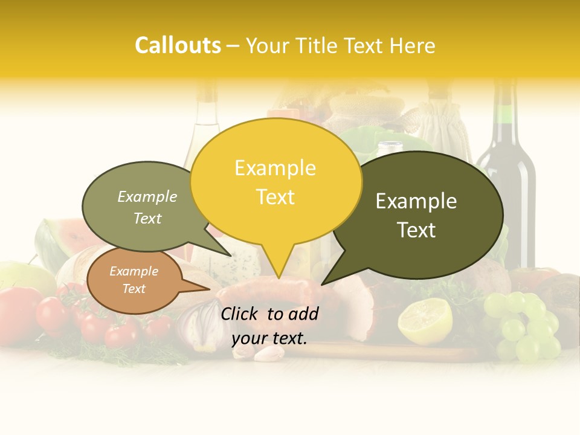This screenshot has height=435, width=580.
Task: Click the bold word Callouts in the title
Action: coord(178,45)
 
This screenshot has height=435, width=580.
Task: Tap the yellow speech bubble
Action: coord(275,181)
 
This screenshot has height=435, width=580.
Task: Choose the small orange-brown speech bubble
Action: coord(134,280)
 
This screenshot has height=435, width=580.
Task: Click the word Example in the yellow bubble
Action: coord(275,168)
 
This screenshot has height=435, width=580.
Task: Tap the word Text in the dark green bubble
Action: coord(416,230)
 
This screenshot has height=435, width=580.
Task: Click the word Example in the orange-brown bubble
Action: coord(134,271)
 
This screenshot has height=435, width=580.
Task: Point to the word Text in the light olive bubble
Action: coord(147,219)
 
